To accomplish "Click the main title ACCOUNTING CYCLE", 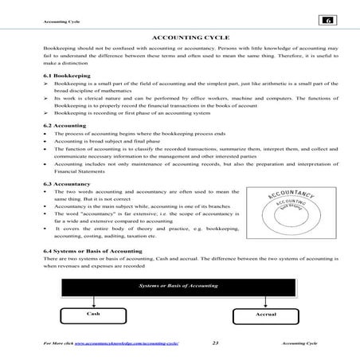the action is [x=179, y=37].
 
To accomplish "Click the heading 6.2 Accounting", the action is [x=64, y=126].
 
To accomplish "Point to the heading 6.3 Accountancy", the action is [x=66, y=183].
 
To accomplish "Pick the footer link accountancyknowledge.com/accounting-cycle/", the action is [x=128, y=343].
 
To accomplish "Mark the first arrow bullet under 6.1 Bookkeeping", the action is [x=46, y=82].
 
